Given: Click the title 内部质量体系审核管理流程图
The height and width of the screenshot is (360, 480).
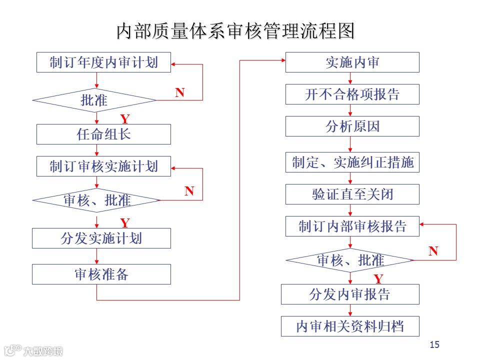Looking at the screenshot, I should [235, 30].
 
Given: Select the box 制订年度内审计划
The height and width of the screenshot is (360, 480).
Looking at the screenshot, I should [104, 62].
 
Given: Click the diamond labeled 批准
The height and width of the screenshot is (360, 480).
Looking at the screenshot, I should [95, 100].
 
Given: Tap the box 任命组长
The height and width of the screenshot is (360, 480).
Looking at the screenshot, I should [104, 134].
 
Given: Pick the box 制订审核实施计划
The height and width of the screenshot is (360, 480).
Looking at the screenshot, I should [104, 166].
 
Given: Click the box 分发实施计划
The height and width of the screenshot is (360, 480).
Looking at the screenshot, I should [101, 238].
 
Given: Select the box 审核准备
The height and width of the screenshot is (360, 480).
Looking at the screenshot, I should [101, 274].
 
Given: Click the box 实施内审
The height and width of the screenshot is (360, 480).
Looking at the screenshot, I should [352, 62].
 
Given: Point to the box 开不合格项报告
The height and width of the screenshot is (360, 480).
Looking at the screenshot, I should [352, 94].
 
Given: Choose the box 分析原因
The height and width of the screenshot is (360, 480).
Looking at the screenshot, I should [352, 126].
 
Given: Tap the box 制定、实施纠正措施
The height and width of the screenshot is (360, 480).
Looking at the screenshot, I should [352, 162].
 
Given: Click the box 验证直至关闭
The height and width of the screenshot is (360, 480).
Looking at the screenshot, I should [352, 194].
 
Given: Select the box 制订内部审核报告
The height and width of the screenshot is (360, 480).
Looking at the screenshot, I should [352, 226].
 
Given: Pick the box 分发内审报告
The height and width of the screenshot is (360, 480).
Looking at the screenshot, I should [350, 294].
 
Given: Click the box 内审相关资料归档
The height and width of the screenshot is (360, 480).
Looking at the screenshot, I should [350, 326].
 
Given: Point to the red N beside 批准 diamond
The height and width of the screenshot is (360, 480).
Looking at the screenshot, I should [180, 92].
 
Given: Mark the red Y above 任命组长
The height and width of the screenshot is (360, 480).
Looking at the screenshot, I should [125, 119].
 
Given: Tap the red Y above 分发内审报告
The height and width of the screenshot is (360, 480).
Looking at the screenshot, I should [378, 278].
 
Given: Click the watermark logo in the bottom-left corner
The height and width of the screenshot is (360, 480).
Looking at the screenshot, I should [33, 350].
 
